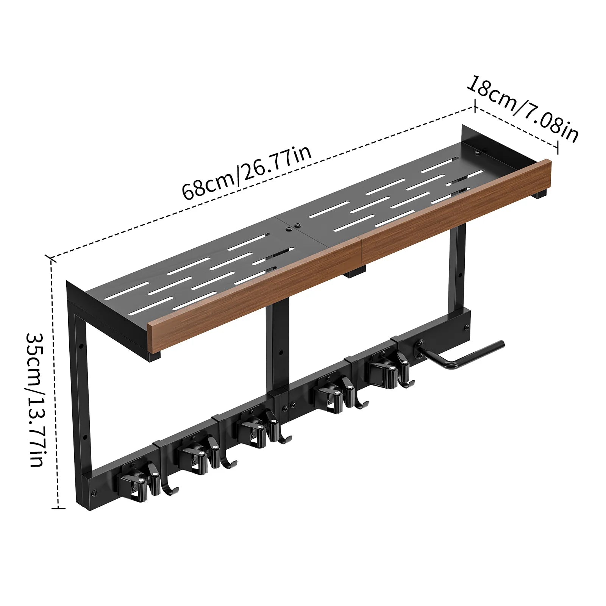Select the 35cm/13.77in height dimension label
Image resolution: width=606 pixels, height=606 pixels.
click(36, 400)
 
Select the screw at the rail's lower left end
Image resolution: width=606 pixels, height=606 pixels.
click(94, 493)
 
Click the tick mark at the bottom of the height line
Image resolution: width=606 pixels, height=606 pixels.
click(58, 508)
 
